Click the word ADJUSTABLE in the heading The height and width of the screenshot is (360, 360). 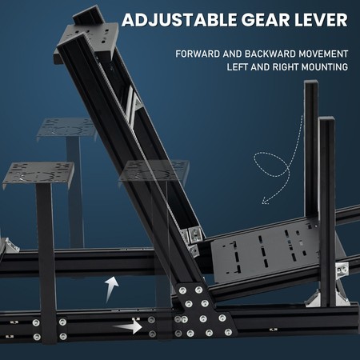[179, 20]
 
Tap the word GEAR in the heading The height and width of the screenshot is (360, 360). [266, 20]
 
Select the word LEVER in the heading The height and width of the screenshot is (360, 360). [321, 20]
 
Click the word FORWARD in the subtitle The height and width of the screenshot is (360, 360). [198, 54]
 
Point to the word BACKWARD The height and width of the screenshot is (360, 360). [270, 54]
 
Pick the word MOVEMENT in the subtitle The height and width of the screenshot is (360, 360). [323, 54]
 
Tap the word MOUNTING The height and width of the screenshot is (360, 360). [325, 67]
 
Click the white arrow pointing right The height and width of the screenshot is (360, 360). [127, 326]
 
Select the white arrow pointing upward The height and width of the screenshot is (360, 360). [111, 289]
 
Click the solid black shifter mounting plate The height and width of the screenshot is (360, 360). [38, 174]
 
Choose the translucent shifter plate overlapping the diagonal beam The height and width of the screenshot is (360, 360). [154, 170]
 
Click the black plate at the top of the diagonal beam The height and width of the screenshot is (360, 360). [86, 42]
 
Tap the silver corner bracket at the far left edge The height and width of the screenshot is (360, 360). [10, 246]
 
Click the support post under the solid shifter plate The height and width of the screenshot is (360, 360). [46, 262]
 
